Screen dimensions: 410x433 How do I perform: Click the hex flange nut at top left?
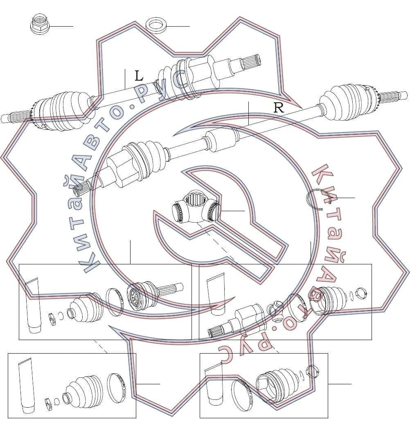(39, 24)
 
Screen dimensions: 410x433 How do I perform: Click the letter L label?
(139, 76)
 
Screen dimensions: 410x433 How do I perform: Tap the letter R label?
(278, 107)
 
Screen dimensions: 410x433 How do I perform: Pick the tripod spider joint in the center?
(195, 207)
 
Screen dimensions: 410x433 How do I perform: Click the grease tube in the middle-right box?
(217, 294)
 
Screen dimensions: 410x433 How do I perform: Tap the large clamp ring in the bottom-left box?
(116, 387)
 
